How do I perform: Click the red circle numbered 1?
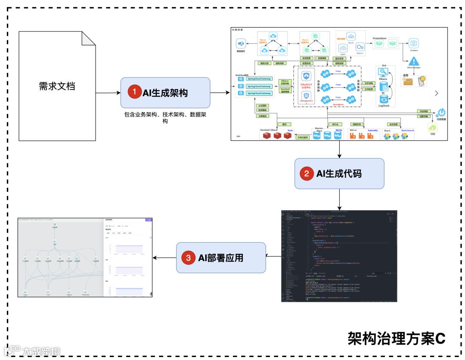click(x=135, y=92)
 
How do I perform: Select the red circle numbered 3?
click(x=189, y=258)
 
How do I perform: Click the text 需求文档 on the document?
click(x=57, y=86)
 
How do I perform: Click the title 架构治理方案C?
click(x=397, y=338)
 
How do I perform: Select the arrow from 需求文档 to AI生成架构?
click(x=108, y=92)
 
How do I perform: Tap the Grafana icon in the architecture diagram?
click(x=414, y=43)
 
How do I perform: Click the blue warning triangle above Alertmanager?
click(x=414, y=62)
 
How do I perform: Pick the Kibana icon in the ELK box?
click(x=382, y=74)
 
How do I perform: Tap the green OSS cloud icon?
click(x=432, y=128)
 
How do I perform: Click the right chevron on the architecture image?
click(x=437, y=93)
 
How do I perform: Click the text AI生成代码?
click(x=339, y=174)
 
